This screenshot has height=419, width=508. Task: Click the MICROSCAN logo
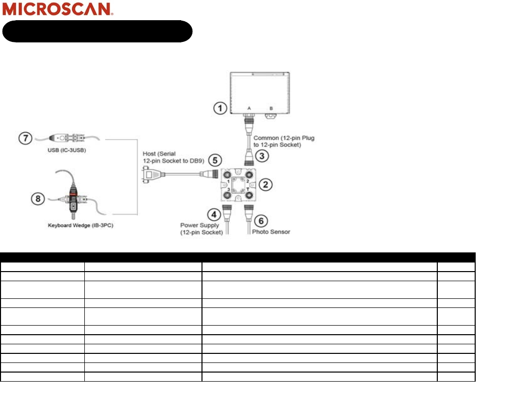58,9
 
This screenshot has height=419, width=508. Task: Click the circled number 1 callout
219,108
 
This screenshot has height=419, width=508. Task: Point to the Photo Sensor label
271,232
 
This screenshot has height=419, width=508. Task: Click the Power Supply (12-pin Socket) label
201,229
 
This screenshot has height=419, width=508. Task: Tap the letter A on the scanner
249,108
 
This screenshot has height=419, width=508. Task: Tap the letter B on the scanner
271,108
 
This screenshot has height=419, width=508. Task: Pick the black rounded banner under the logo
97,31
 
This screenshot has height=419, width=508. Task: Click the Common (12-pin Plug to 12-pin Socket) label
284,141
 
